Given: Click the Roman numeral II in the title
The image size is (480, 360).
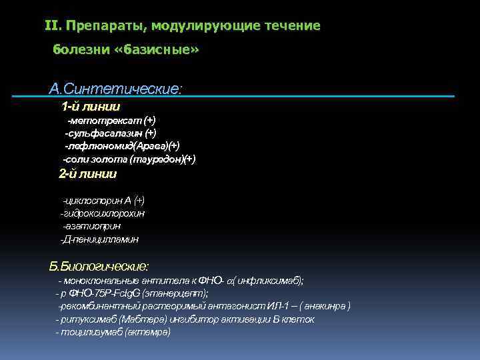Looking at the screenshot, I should [x=52, y=26].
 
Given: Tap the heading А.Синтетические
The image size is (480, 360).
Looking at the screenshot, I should [x=115, y=89].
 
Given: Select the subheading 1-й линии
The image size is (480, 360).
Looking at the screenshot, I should [x=91, y=106].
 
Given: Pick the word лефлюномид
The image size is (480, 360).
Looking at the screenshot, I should [x=100, y=146].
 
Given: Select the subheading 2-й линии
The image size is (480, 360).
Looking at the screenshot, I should [x=88, y=175].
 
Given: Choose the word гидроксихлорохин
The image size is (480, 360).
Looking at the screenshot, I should [x=103, y=213].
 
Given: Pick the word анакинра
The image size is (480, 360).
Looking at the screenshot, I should [x=326, y=306].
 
